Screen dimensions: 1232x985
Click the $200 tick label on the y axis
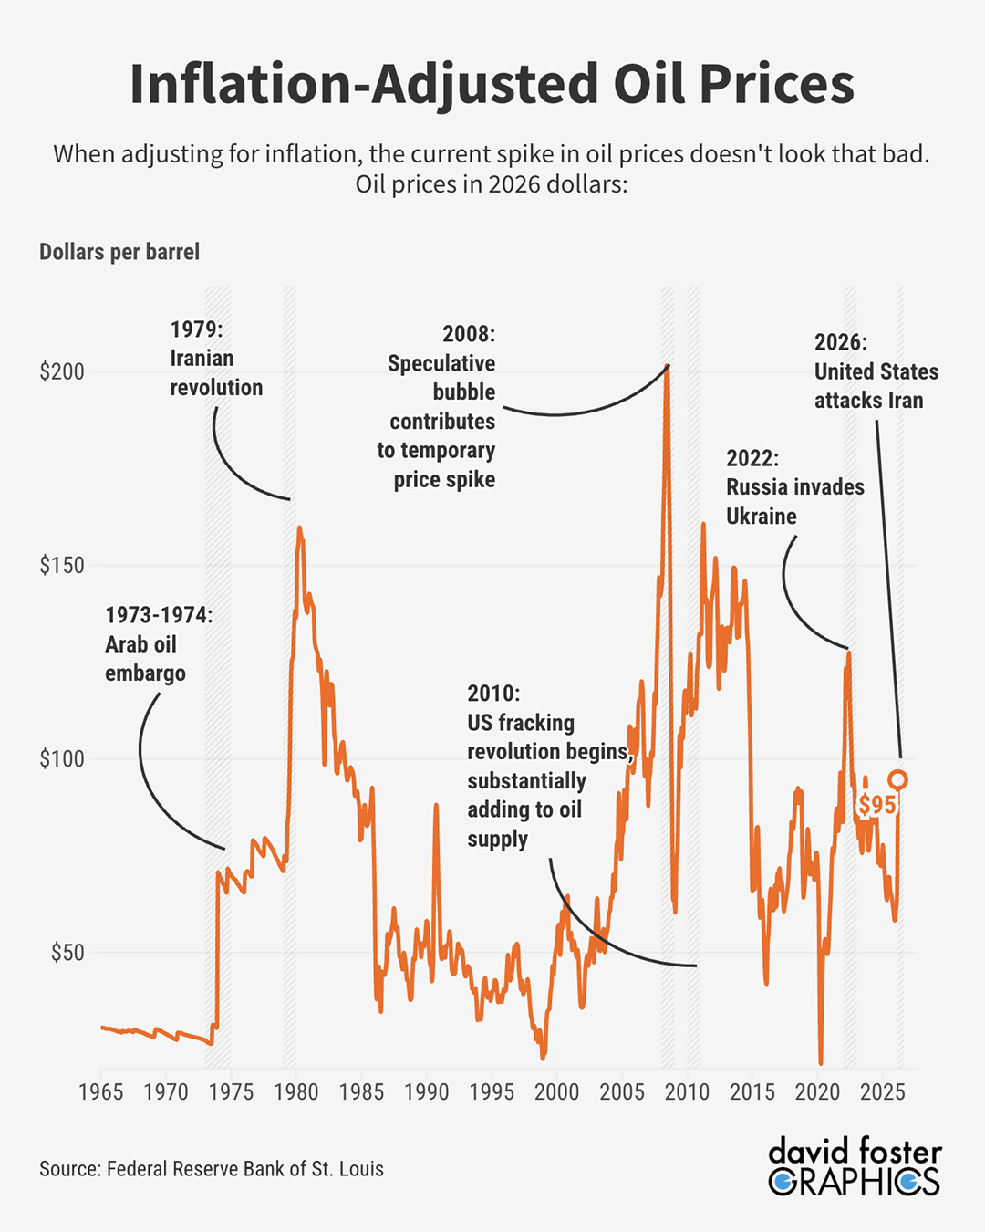click(x=61, y=372)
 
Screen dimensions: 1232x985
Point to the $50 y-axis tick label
click(x=67, y=953)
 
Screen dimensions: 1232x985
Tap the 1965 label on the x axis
click(x=100, y=1092)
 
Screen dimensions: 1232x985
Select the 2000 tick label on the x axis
click(x=556, y=1092)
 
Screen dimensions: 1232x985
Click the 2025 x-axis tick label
click(x=882, y=1092)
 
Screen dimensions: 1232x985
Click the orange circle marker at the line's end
click(x=897, y=779)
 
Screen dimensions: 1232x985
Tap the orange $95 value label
click(x=876, y=805)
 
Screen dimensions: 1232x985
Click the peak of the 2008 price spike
click(x=668, y=367)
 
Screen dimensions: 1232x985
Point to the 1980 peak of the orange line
click(x=298, y=527)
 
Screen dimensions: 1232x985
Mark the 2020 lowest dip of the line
click(x=821, y=1061)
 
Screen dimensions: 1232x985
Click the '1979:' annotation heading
click(x=196, y=329)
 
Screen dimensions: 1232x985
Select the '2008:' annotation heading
click(x=469, y=334)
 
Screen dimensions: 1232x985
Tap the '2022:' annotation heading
click(x=752, y=458)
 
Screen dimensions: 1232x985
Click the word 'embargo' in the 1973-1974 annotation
click(x=145, y=673)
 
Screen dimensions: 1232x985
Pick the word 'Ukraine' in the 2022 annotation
click(x=761, y=517)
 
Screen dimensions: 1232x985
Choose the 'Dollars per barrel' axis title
click(x=119, y=253)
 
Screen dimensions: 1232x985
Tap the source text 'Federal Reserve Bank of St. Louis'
click(x=244, y=1169)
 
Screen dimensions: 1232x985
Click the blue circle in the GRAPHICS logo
click(x=782, y=1183)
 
